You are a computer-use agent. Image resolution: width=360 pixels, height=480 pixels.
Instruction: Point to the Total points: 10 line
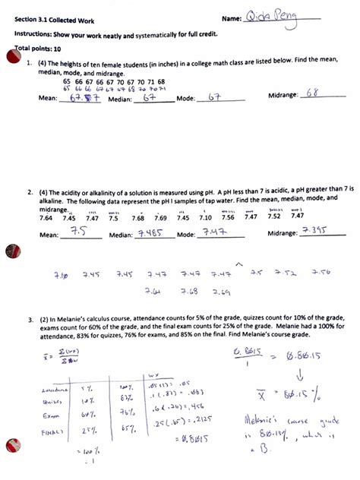(39, 49)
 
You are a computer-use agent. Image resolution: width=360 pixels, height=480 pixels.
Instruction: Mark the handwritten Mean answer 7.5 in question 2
(79, 234)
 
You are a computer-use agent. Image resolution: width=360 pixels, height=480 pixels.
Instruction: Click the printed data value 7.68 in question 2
(138, 218)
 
